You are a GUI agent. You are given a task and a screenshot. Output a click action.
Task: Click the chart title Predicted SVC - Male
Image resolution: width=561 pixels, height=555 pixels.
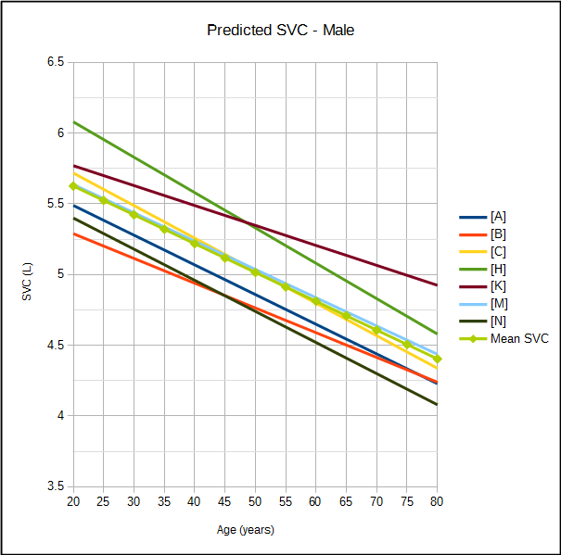[x=280, y=31]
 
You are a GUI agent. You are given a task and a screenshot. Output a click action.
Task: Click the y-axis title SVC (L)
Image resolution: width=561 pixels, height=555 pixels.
[x=29, y=275]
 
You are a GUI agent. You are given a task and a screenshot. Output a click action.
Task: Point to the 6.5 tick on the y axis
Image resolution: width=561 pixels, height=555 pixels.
[x=55, y=62]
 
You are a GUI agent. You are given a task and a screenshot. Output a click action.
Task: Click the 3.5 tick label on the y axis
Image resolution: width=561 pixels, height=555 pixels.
[x=55, y=486]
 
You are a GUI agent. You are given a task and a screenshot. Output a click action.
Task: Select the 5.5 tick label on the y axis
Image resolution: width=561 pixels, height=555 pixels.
[x=55, y=204]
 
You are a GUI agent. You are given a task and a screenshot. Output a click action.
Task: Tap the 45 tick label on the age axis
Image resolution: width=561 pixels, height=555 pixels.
[x=224, y=501]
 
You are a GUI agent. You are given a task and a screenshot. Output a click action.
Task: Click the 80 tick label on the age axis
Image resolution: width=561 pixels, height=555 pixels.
[x=436, y=501]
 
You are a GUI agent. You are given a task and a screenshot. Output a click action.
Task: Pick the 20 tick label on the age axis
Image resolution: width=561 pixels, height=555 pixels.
[x=73, y=501]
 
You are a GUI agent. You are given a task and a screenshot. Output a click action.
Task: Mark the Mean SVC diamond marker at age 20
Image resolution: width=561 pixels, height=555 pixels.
[x=73, y=186]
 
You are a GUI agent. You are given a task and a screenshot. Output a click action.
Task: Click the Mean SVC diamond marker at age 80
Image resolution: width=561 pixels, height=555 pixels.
[x=437, y=359]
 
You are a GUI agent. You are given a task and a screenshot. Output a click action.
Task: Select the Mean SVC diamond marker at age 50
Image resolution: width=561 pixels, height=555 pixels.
[x=255, y=272]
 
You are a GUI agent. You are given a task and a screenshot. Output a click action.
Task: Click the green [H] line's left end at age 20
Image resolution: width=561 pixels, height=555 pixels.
[x=73, y=121]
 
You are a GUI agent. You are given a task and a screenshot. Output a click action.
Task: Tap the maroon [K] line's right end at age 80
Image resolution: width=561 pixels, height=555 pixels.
[x=437, y=285]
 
